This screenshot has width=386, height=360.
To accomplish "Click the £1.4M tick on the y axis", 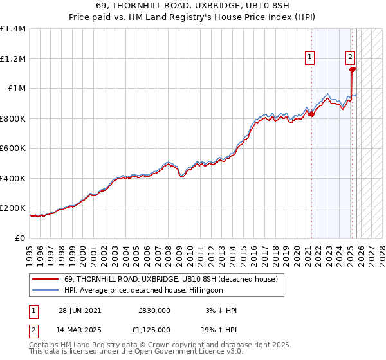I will [13, 29].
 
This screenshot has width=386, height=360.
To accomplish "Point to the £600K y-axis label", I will [13, 148].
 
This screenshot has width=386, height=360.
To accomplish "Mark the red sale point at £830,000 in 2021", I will [311, 114].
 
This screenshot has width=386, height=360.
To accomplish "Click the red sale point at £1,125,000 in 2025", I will [353, 69].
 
